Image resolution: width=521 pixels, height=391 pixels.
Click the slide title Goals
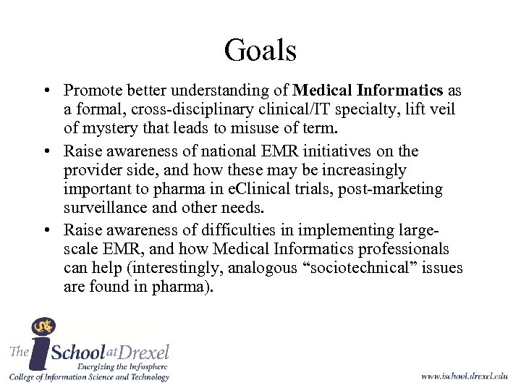coord(260,50)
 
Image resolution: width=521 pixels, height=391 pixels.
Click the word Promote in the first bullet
coord(90,91)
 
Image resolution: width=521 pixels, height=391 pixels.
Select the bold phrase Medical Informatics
coord(368,91)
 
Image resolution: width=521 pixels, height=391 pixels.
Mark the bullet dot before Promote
coord(46,92)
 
